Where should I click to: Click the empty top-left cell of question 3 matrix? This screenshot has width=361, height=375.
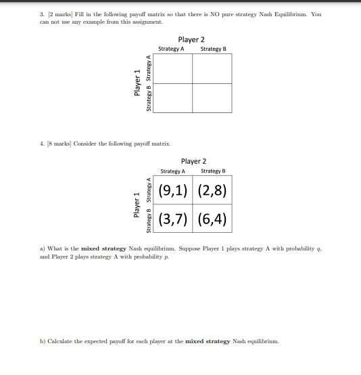pos(173,68)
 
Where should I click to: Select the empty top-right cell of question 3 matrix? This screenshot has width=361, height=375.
pos(212,68)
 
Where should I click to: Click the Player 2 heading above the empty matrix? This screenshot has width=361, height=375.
pos(192,40)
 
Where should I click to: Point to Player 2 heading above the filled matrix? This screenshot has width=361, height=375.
pos(194,161)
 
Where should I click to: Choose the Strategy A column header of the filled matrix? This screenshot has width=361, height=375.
pos(173,171)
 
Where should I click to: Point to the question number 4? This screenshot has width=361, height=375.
pos(43,144)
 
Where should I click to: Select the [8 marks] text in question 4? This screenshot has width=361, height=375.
pos(62,144)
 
